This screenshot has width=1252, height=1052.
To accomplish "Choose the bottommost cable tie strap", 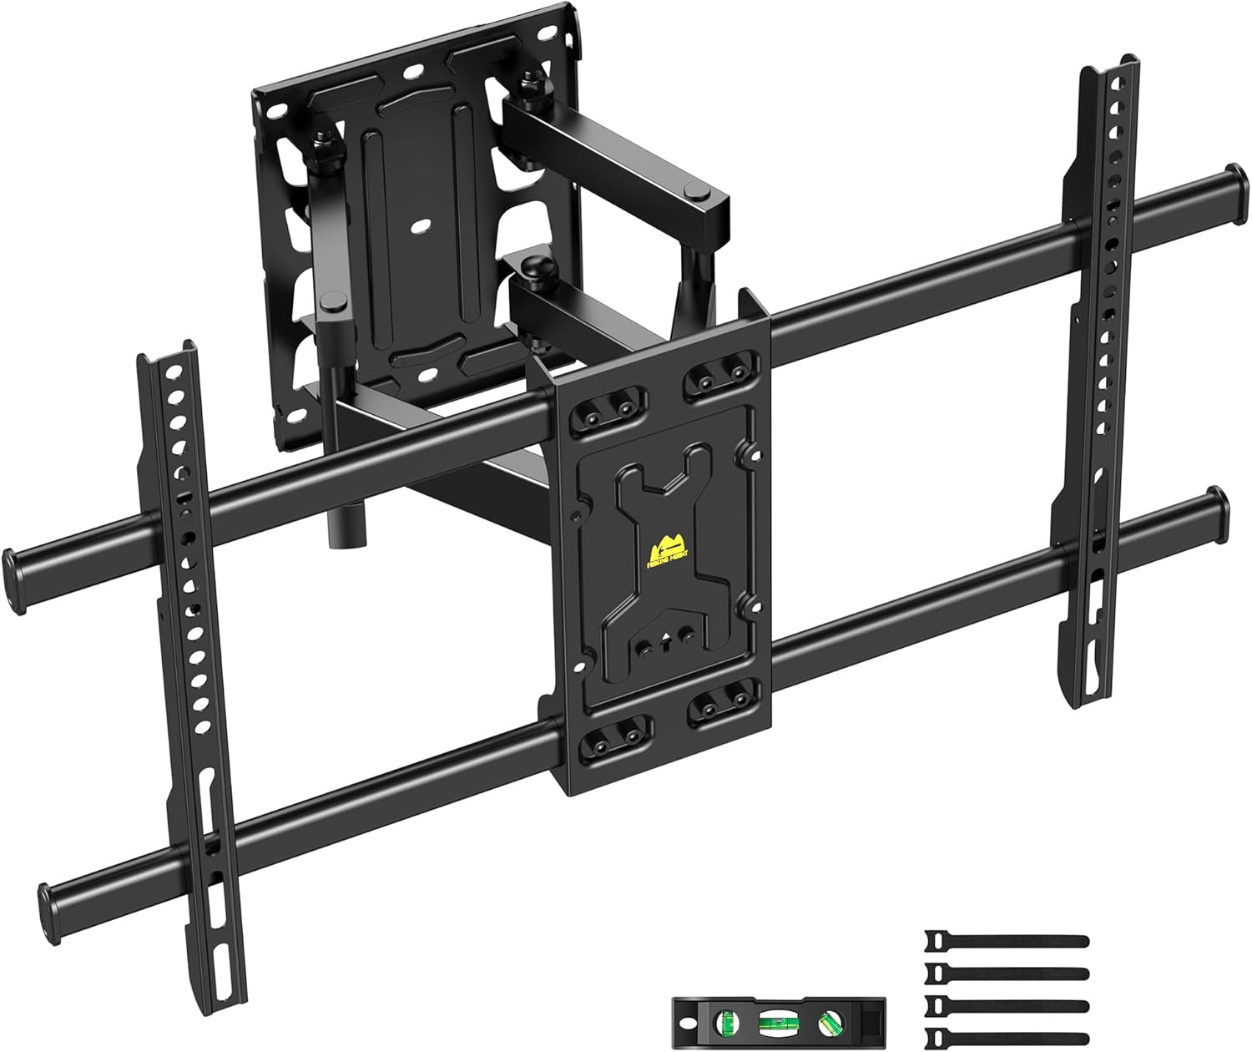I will pos(1006,1035).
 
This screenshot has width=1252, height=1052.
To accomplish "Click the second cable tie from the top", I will pos(1006,974).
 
